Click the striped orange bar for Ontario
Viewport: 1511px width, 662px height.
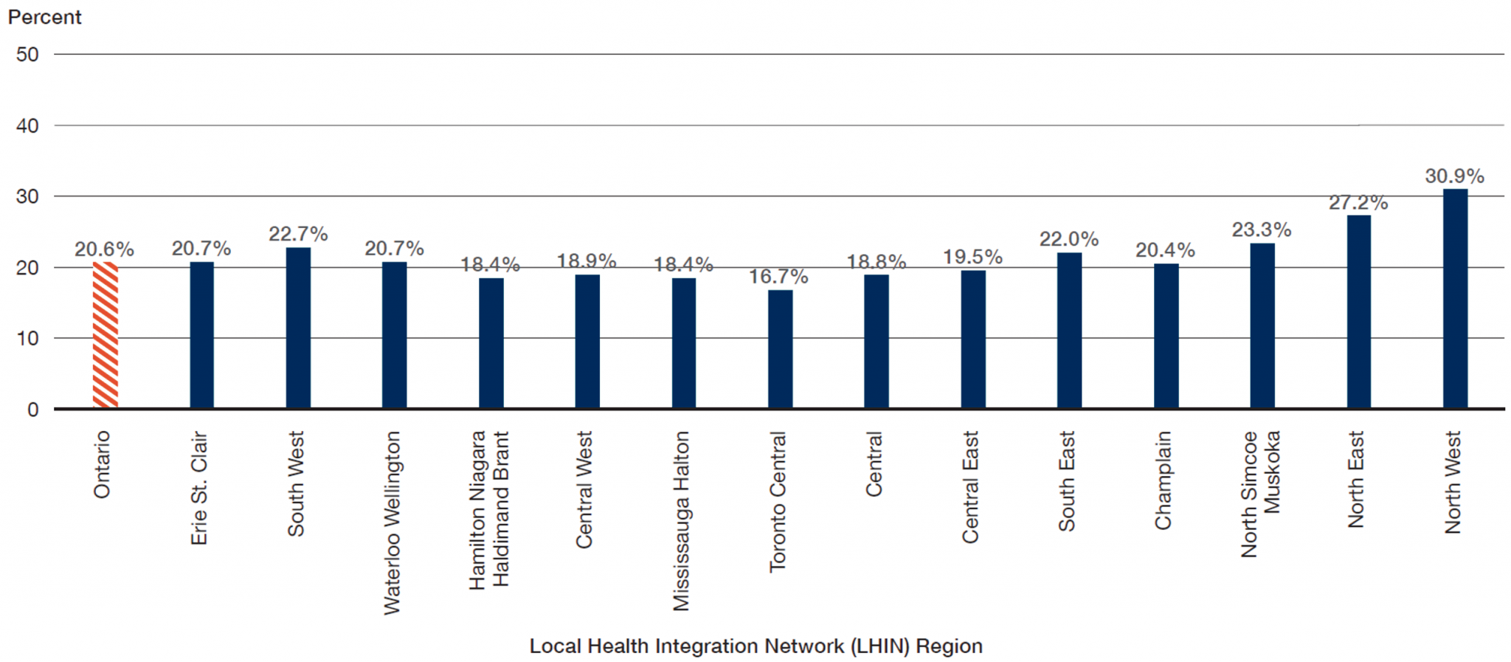pyautogui.click(x=106, y=335)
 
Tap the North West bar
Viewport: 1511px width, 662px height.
pyautogui.click(x=1455, y=299)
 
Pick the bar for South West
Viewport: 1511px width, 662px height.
pyautogui.click(x=298, y=328)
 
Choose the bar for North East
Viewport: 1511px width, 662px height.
pyautogui.click(x=1358, y=311)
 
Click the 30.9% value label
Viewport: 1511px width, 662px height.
pyautogui.click(x=1454, y=176)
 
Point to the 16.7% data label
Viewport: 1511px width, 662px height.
pyautogui.click(x=778, y=277)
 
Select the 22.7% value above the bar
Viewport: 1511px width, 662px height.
pyautogui.click(x=298, y=234)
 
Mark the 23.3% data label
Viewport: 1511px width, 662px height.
pyautogui.click(x=1262, y=230)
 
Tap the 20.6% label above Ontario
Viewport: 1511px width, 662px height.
pyautogui.click(x=104, y=249)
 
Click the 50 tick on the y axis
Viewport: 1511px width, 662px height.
pyautogui.click(x=27, y=55)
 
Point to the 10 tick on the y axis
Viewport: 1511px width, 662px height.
pyautogui.click(x=27, y=339)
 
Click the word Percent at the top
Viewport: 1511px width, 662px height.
pyautogui.click(x=44, y=17)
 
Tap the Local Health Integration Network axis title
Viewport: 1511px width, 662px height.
pyautogui.click(x=755, y=647)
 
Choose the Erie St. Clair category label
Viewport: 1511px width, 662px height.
pyautogui.click(x=199, y=489)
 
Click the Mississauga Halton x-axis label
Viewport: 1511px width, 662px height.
pyautogui.click(x=681, y=521)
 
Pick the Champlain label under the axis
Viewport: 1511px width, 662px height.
pyautogui.click(x=1163, y=480)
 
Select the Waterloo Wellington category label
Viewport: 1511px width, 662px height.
pyautogui.click(x=392, y=523)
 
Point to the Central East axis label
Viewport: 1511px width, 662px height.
pyautogui.click(x=970, y=487)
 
